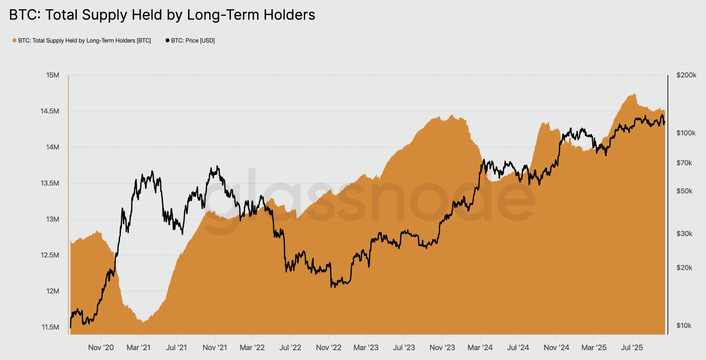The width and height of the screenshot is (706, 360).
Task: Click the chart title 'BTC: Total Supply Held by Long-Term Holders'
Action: (x=162, y=15)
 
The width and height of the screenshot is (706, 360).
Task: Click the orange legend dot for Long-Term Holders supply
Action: (x=14, y=41)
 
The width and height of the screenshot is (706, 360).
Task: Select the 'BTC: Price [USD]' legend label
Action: (x=193, y=41)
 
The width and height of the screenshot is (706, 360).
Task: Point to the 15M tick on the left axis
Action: (x=53, y=75)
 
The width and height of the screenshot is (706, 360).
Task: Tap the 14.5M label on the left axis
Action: (x=50, y=111)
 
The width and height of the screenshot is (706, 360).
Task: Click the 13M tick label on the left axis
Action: (x=53, y=219)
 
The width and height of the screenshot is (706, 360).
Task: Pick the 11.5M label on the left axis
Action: (x=50, y=327)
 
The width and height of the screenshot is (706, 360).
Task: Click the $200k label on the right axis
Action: (x=686, y=75)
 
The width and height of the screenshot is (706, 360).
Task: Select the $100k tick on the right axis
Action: (x=686, y=133)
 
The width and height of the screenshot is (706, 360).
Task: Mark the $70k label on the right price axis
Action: (x=684, y=163)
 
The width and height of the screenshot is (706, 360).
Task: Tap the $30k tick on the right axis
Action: (x=684, y=234)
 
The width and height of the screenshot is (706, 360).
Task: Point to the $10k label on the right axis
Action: (x=684, y=326)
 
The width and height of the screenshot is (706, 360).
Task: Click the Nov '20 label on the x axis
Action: (x=101, y=348)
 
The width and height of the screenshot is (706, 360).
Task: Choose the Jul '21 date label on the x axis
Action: (x=176, y=348)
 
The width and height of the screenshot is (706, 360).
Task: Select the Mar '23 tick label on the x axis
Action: (x=366, y=348)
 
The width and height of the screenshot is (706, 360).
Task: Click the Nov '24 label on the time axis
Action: (x=556, y=348)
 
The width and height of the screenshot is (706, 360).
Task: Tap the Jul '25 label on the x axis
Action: (x=632, y=348)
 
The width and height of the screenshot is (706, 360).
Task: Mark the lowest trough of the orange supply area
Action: (x=144, y=322)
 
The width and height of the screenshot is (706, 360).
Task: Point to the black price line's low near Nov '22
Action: (x=331, y=287)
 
